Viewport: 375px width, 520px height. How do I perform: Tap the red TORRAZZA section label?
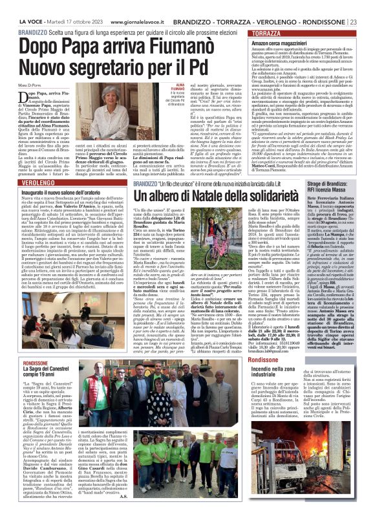[267, 32]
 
